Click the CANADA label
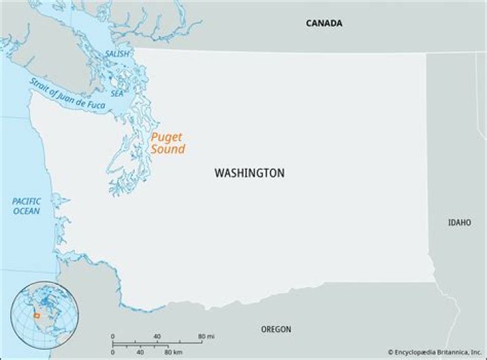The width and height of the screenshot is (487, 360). tap(324, 23)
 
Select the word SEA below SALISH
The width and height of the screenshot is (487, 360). tap(118, 93)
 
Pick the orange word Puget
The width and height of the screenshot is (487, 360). tap(166, 137)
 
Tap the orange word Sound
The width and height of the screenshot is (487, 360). tap(168, 149)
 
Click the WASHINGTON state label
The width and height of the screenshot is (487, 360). tap(249, 173)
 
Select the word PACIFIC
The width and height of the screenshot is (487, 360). tap(26, 201)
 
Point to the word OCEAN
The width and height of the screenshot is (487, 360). tap(26, 211)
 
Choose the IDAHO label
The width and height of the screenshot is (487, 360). tap(459, 223)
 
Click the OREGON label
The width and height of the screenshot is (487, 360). tap(276, 330)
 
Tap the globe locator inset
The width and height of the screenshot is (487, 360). tap(45, 315)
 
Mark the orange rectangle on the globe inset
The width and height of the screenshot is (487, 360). tap(37, 315)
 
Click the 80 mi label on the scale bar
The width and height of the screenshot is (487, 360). tap(206, 336)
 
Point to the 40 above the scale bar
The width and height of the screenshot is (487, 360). tap(158, 336)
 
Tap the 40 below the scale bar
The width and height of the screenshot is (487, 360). tap(140, 352)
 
